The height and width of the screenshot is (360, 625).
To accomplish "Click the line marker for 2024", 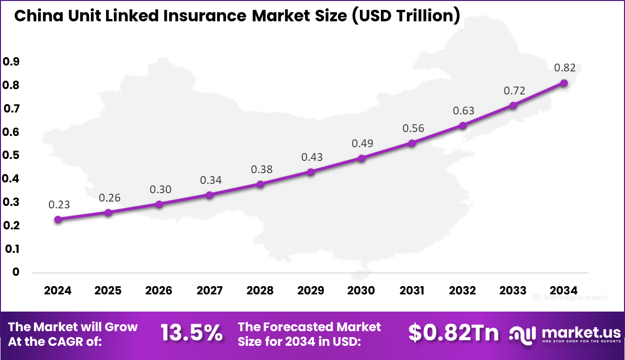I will pyautogui.click(x=58, y=220).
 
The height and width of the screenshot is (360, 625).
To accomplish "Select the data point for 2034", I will pyautogui.click(x=564, y=83).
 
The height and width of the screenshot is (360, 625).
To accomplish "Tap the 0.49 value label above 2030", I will pyautogui.click(x=362, y=144).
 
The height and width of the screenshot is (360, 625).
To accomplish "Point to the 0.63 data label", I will pyautogui.click(x=464, y=111).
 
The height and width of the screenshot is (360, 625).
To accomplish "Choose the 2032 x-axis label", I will pyautogui.click(x=462, y=291).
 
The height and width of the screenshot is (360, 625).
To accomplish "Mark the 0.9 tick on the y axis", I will pyautogui.click(x=11, y=62).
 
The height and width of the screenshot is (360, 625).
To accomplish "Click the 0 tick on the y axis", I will pyautogui.click(x=16, y=272).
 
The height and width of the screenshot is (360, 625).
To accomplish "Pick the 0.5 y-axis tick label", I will pyautogui.click(x=11, y=156).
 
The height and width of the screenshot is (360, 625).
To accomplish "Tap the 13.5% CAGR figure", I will pyautogui.click(x=191, y=334).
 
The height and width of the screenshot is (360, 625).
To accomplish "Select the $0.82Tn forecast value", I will pyautogui.click(x=453, y=334).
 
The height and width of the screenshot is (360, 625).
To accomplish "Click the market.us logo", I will pyautogui.click(x=565, y=335).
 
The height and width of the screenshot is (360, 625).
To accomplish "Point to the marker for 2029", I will pyautogui.click(x=311, y=172).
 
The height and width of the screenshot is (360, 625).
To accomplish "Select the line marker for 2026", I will pyautogui.click(x=159, y=204).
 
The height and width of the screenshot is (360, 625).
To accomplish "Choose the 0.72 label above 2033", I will pyautogui.click(x=514, y=91).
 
